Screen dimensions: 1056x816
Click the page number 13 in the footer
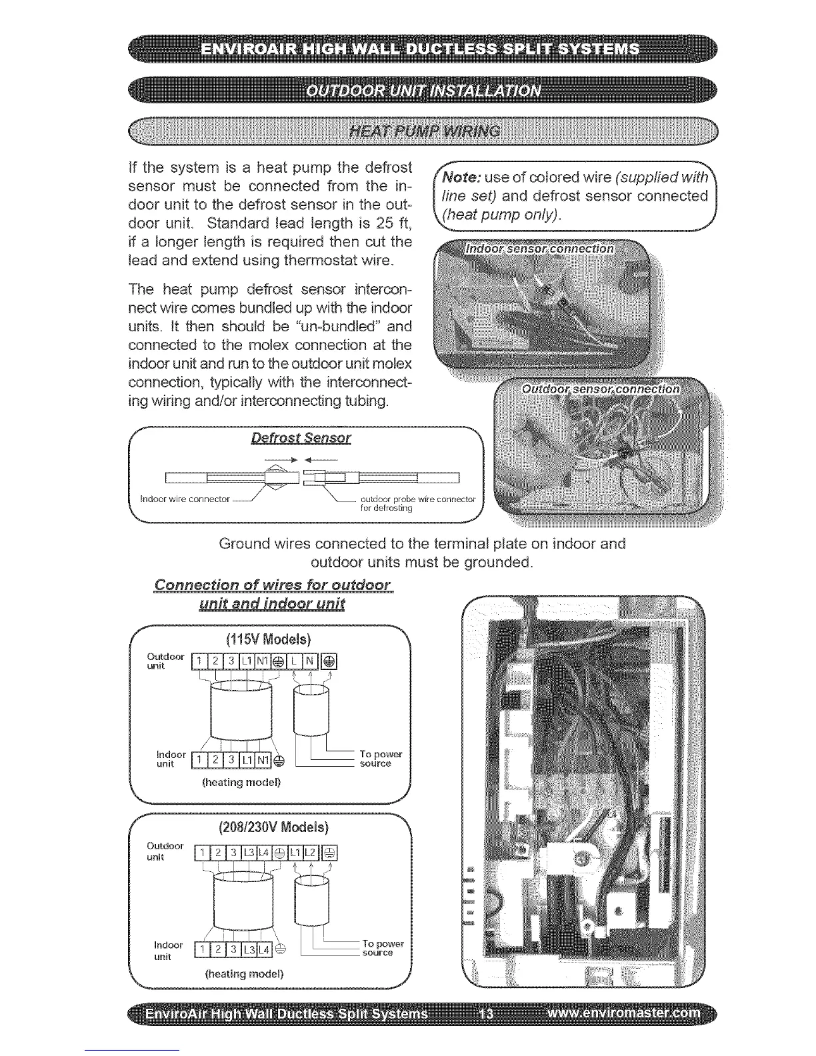click(x=487, y=1014)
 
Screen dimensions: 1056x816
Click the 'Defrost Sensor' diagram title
click(x=301, y=438)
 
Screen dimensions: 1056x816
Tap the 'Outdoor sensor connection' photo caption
click(x=601, y=389)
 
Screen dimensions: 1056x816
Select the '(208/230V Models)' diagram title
click(x=273, y=828)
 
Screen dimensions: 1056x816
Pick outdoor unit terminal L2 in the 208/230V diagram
click(x=312, y=853)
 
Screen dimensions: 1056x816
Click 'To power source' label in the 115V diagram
click(x=381, y=759)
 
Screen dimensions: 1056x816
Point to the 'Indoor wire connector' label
click(x=185, y=499)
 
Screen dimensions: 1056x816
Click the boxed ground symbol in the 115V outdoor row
click(x=330, y=661)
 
